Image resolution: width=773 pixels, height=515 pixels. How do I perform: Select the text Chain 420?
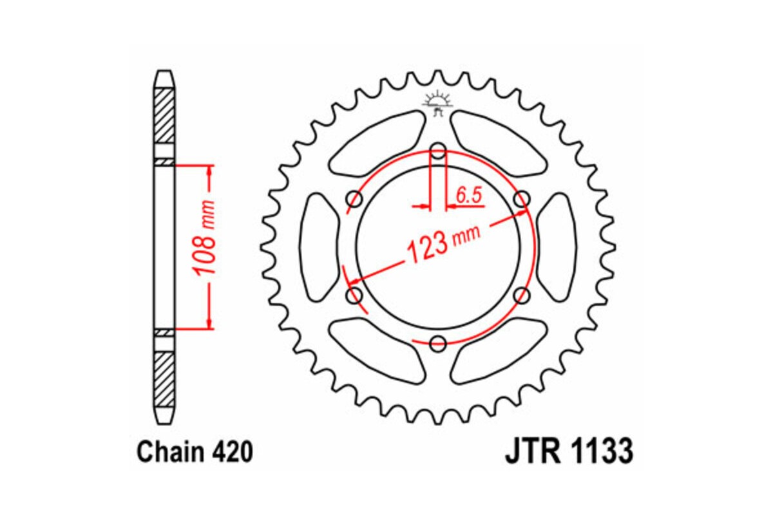[x=194, y=452]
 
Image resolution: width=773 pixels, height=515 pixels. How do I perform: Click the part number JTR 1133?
[x=569, y=452]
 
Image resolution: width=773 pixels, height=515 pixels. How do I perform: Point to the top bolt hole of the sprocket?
[x=438, y=153]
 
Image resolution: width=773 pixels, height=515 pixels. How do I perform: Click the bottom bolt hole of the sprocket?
[x=438, y=343]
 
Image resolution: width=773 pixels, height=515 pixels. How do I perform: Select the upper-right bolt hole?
[x=521, y=200]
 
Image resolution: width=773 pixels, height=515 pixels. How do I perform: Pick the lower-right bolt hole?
[x=521, y=295]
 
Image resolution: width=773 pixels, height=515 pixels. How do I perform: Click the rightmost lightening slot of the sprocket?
[x=557, y=247]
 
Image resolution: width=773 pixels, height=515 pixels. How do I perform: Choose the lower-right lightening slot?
[x=499, y=354]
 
